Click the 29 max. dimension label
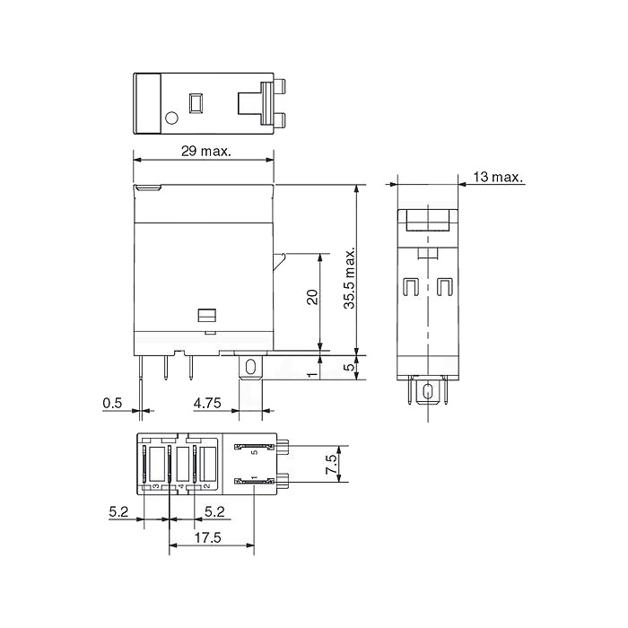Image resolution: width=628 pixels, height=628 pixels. pos(206,152)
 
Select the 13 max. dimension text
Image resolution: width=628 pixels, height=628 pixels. pos(498,177)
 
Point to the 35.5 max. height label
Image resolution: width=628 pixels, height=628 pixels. pos(350,277)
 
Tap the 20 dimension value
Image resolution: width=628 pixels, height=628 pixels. pos(312,297)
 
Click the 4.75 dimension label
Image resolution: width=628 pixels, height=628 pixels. pos(207,403)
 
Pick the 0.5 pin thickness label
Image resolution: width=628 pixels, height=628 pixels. pos(112,403)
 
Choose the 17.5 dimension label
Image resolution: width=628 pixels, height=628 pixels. pos(207,537)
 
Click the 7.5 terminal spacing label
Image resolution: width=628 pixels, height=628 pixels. pos(332,464)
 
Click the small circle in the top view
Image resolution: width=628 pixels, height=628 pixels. pos(171,118)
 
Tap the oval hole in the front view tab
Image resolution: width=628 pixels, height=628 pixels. pos(250,367)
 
